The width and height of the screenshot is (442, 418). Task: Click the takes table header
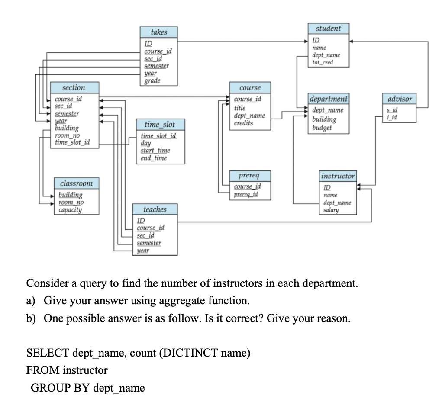click(x=158, y=32)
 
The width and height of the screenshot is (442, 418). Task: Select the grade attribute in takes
click(x=152, y=81)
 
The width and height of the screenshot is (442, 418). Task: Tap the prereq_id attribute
click(x=245, y=194)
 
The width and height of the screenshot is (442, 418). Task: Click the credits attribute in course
click(x=244, y=123)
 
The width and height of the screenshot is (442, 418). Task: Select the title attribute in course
click(x=239, y=108)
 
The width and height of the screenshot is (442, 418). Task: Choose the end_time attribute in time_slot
click(x=153, y=158)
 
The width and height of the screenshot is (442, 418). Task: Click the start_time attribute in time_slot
click(x=155, y=150)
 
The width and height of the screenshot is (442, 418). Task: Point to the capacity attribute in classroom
click(x=70, y=210)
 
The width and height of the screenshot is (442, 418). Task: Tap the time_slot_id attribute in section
click(x=70, y=142)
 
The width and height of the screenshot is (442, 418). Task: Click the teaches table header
click(x=155, y=209)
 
